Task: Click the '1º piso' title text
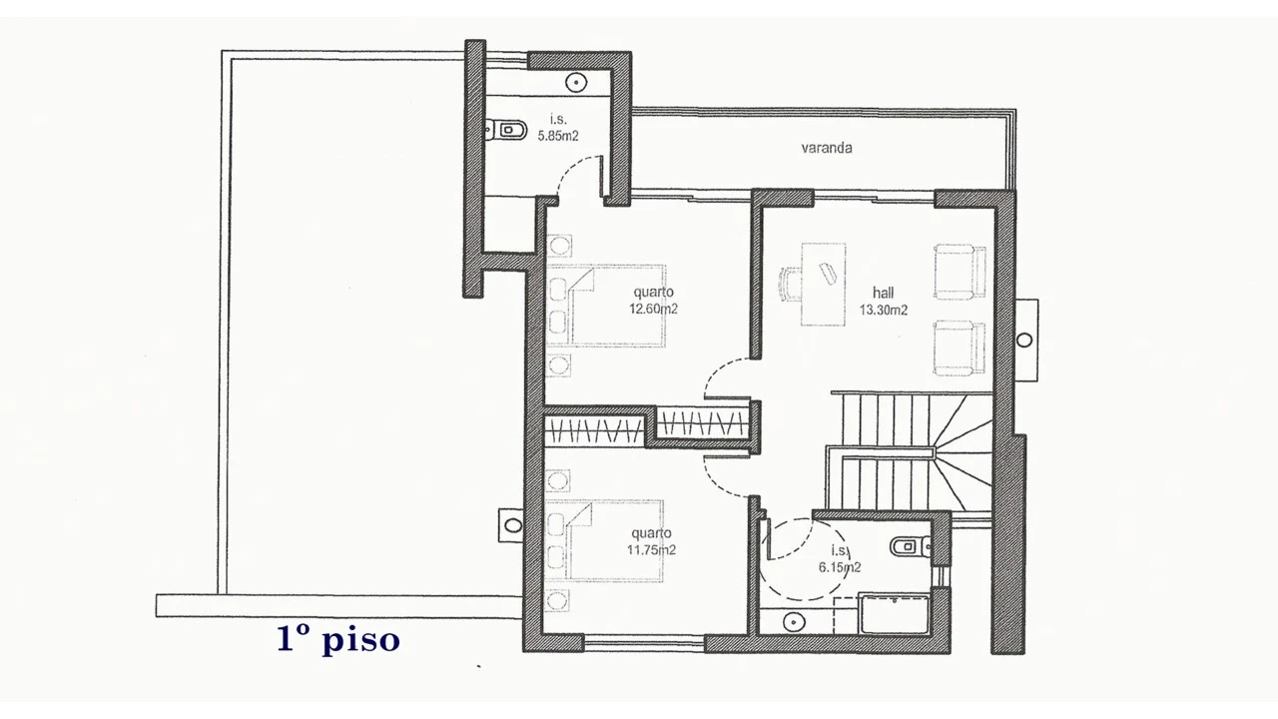coord(338,640)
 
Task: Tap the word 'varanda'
coord(827,149)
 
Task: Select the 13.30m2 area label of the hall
coord(884,311)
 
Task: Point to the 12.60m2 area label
coord(653,310)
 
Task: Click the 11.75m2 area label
coord(652,550)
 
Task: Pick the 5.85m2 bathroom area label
coord(558,136)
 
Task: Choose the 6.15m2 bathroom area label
coord(840,568)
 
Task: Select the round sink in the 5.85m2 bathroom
coord(576,83)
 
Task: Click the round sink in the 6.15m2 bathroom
coord(792,621)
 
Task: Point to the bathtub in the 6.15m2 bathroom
coord(894,614)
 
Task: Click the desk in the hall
coord(824,285)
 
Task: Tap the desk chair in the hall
coord(790,284)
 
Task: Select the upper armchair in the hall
coord(959,272)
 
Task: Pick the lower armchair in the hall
coord(959,349)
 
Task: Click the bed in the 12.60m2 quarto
coord(607,306)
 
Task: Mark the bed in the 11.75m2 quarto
coord(605,541)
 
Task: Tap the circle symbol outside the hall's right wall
coord(1024,341)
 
